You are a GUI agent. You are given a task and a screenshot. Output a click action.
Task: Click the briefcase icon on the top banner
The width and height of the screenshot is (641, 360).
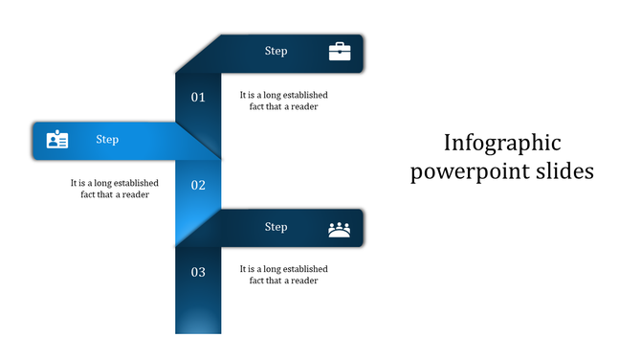(340, 52)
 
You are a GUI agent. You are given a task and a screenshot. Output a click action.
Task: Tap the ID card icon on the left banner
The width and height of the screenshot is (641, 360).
(57, 140)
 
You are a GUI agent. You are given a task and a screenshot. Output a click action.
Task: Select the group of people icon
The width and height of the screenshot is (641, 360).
(340, 229)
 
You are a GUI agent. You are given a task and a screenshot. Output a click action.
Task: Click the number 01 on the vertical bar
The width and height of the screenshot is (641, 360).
(198, 97)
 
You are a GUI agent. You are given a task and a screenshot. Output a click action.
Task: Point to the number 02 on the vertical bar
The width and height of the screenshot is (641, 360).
(198, 185)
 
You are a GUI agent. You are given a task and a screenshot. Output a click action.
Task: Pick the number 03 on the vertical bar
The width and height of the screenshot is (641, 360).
(198, 272)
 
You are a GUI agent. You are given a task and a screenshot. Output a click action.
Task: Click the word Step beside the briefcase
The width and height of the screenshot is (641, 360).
(276, 52)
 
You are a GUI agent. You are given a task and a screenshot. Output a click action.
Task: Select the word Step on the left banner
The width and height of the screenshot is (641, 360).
(107, 140)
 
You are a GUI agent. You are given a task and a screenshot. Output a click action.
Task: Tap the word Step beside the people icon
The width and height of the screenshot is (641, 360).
(276, 228)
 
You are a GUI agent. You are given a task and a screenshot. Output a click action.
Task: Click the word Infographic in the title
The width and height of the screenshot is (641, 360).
(502, 143)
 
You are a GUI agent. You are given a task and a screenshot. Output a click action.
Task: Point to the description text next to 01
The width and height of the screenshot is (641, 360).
(283, 101)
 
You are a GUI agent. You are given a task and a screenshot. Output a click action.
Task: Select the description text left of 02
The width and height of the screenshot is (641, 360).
(114, 189)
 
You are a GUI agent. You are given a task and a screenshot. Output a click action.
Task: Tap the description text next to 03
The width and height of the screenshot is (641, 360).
(283, 275)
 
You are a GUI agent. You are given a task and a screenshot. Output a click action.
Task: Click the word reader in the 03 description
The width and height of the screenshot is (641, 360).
(303, 281)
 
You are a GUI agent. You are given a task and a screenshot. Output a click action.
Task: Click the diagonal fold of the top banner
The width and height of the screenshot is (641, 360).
(196, 54)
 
